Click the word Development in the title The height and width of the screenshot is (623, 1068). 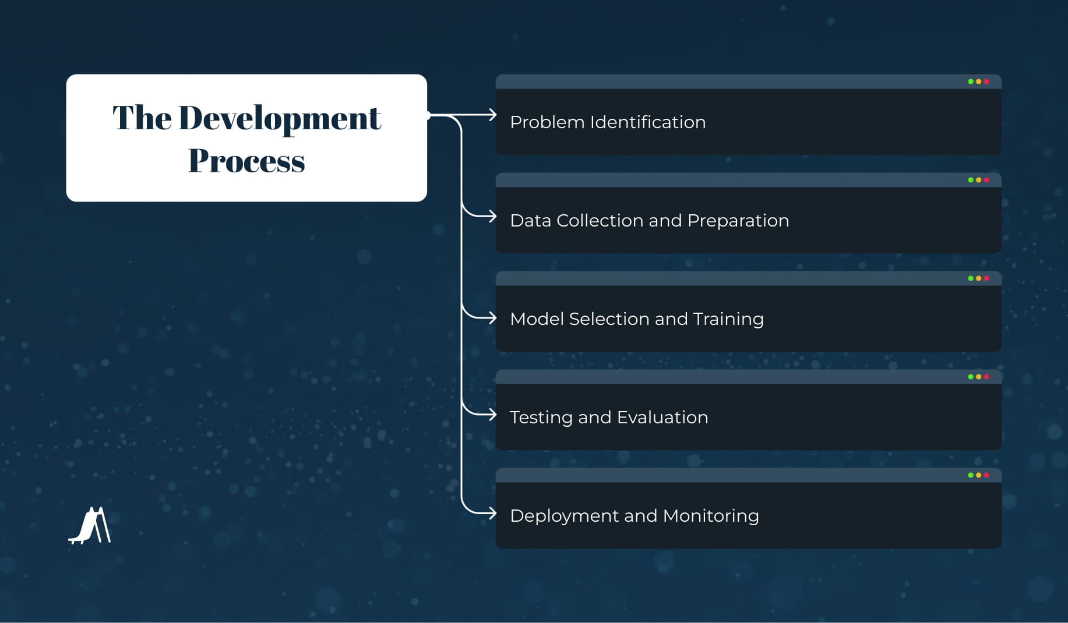(279, 118)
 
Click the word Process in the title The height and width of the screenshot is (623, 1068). (246, 161)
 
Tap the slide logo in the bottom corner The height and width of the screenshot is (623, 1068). (90, 526)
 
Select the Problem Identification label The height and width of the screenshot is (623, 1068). (607, 122)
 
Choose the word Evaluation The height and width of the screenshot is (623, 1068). (662, 417)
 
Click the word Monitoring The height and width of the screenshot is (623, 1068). (710, 516)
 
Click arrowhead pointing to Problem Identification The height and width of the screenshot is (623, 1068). (492, 115)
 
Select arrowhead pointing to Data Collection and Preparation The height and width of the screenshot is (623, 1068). (492, 217)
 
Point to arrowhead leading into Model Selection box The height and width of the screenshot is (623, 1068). (492, 318)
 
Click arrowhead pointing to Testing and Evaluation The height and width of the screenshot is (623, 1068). (492, 415)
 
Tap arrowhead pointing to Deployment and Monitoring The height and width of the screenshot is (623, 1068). (492, 514)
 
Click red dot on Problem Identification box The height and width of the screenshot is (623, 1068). (986, 82)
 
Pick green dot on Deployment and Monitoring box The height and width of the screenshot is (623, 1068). (971, 475)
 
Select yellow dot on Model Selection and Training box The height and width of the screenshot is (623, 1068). (979, 278)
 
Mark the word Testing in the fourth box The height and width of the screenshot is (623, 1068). (541, 417)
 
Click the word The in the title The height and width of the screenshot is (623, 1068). (142, 118)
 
